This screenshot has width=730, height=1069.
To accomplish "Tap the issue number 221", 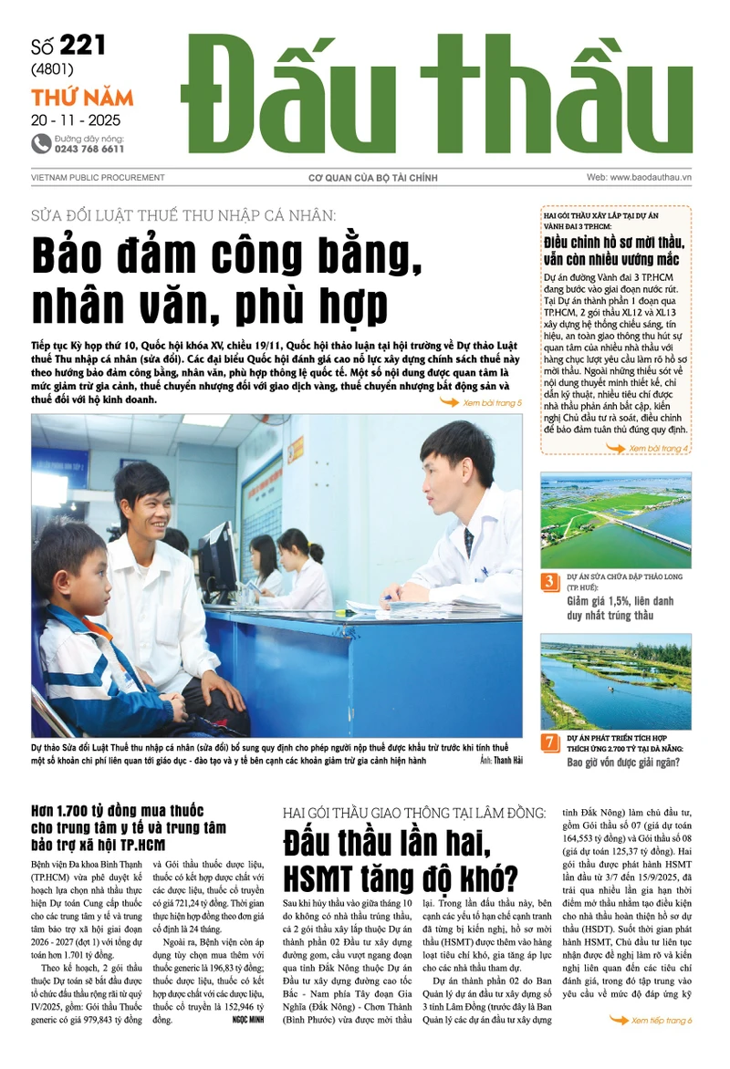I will pyautogui.click(x=82, y=46).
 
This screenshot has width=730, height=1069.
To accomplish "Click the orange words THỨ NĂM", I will pyautogui.click(x=82, y=98).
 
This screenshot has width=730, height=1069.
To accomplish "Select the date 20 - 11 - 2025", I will pyautogui.click(x=76, y=119).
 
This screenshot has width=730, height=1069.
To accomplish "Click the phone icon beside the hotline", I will pyautogui.click(x=41, y=143).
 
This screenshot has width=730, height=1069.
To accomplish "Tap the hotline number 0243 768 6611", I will pyautogui.click(x=89, y=149).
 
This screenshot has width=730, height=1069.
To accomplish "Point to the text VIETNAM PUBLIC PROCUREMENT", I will pyautogui.click(x=98, y=178).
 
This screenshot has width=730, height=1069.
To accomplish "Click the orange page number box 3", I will pyautogui.click(x=550, y=582).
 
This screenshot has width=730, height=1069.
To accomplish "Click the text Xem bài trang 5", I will pyautogui.click(x=492, y=402).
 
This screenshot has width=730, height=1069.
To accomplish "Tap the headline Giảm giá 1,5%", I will pyautogui.click(x=607, y=601).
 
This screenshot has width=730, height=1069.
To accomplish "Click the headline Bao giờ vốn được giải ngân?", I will pyautogui.click(x=622, y=763).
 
